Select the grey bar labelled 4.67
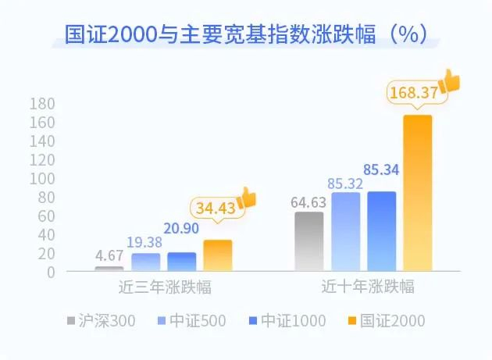pyautogui.click(x=109, y=269)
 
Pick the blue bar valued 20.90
pyautogui.click(x=181, y=262)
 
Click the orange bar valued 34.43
pyautogui.click(x=217, y=255)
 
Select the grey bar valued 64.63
pyautogui.click(x=308, y=241)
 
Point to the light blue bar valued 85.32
pyautogui.click(x=345, y=232)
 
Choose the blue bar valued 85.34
pyautogui.click(x=381, y=232)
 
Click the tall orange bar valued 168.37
pyautogui.click(x=417, y=194)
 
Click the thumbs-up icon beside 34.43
pyautogui.click(x=247, y=198)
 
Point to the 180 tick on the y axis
pyautogui.click(x=42, y=104)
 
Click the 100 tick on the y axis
pyautogui.click(x=42, y=179)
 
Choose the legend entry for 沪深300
pyautogui.click(x=104, y=320)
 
